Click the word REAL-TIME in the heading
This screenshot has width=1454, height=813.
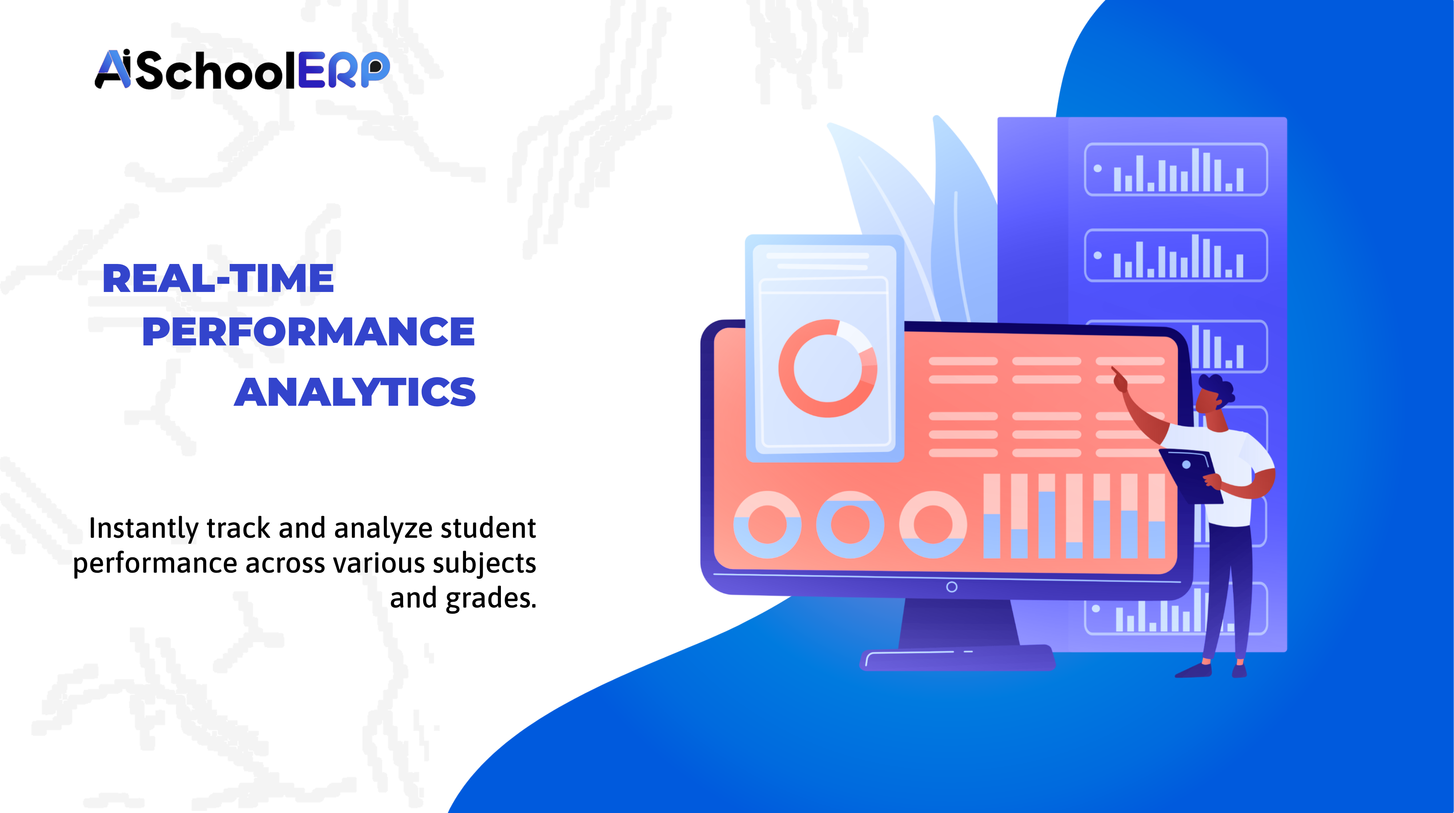[x=218, y=279]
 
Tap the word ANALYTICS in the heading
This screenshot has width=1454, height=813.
[x=355, y=392]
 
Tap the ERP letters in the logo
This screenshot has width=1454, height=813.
[x=343, y=70]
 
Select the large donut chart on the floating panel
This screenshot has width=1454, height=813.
[x=827, y=368]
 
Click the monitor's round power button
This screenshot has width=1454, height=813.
[x=952, y=587]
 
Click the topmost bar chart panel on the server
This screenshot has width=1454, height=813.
[x=1176, y=169]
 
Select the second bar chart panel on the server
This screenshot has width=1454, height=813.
[x=1176, y=255]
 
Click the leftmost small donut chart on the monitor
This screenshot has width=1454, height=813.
[x=767, y=525]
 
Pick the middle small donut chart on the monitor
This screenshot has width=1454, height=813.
[x=850, y=525]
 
